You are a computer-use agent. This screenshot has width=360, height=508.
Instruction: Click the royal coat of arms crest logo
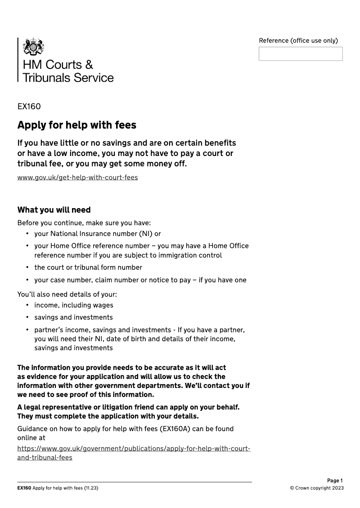(x=34, y=47)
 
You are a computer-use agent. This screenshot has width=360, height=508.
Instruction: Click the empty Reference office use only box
(x=300, y=54)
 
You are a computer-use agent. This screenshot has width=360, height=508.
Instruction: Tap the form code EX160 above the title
(x=29, y=107)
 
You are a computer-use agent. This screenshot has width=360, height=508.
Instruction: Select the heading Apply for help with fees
(x=76, y=125)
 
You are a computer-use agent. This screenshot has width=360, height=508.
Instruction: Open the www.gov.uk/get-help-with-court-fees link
(x=77, y=177)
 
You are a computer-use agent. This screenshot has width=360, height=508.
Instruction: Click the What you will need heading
(x=54, y=210)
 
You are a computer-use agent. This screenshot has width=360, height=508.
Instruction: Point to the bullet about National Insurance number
(x=97, y=234)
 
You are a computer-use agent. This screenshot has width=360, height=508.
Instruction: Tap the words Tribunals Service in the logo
(x=68, y=78)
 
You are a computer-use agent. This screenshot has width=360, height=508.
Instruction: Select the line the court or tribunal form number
(x=88, y=267)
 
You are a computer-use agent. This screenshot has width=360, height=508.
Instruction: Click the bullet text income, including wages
(x=74, y=305)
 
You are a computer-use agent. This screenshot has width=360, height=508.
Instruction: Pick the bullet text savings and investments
(x=73, y=317)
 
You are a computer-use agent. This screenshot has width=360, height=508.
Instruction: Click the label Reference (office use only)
(x=298, y=40)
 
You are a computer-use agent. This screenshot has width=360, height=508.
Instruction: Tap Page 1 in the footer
(x=335, y=481)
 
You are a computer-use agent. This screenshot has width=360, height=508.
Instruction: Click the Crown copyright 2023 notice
(x=317, y=488)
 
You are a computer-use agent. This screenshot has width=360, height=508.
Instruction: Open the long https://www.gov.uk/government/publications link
(x=134, y=449)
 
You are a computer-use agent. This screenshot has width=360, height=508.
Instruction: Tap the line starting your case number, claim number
(x=140, y=280)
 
